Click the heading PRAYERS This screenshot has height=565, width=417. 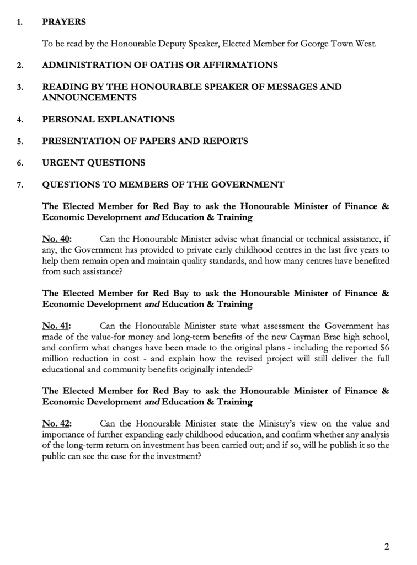[x=64, y=23]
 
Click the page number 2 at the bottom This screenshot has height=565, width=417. [x=387, y=547]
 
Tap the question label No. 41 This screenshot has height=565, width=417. [x=57, y=326]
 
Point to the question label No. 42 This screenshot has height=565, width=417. [x=57, y=424]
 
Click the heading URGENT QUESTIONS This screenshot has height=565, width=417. [x=94, y=163]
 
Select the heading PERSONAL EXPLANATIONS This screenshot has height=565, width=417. [x=108, y=119]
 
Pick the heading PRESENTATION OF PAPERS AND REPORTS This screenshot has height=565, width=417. [x=145, y=141]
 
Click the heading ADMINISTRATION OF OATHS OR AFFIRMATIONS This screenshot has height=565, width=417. [x=160, y=65]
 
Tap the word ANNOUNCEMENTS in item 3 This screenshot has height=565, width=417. [x=89, y=98]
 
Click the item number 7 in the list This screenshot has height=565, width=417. [x=19, y=185]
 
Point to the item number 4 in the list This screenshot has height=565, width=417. [x=19, y=120]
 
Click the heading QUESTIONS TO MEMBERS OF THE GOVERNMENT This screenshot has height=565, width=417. [x=163, y=185]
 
